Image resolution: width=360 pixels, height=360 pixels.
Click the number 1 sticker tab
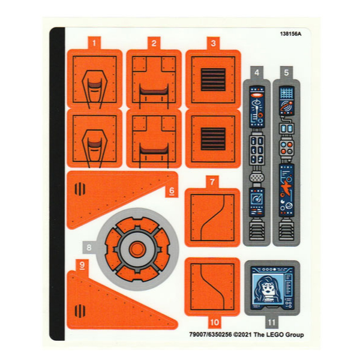tap(94, 43)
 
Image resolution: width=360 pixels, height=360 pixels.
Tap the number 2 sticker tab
tap(154, 43)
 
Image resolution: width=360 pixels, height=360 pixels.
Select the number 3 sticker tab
tap(213, 43)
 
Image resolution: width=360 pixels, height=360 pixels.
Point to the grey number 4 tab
tap(257, 73)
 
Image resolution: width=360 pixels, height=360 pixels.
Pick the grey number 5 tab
tap(286, 73)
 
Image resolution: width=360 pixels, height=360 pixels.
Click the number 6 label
tap(172, 191)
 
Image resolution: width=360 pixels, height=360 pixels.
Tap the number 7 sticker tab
tap(212, 182)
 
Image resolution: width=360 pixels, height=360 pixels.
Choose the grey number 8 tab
tap(89, 247)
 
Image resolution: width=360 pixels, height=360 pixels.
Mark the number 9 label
tap(82, 265)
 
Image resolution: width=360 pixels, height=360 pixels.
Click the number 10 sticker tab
tap(214, 322)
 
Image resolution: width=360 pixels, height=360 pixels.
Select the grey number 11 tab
tap(272, 322)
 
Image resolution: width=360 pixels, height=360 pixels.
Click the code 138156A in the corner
tap(290, 34)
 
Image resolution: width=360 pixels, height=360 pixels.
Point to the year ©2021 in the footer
tap(242, 335)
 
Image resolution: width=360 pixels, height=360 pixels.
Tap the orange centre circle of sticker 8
tap(137, 250)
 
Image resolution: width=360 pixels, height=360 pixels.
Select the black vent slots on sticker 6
tap(80, 189)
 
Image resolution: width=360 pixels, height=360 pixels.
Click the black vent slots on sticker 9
tap(80, 311)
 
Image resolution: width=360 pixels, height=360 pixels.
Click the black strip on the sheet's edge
tap(57, 184)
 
